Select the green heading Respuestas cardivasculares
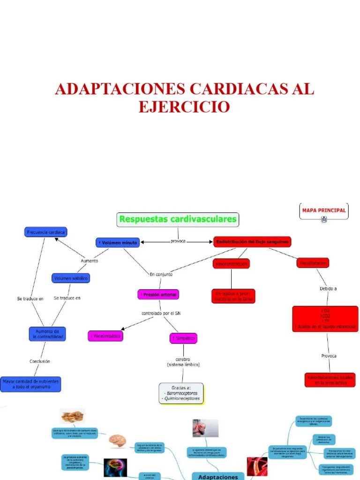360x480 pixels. (x=178, y=219)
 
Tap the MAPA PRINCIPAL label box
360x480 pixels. (x=324, y=210)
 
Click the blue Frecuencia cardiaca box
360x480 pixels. (x=45, y=232)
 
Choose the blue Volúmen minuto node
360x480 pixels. (x=117, y=243)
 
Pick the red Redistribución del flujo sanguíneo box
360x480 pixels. (x=252, y=242)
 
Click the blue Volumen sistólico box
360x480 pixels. (x=70, y=278)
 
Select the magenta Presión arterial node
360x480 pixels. (x=158, y=295)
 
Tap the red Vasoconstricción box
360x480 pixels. (x=231, y=264)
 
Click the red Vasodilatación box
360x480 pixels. (x=313, y=263)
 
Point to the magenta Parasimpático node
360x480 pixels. (x=105, y=336)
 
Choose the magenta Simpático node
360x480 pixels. (x=183, y=338)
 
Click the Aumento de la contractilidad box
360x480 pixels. (x=47, y=334)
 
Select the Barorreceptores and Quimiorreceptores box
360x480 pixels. (x=181, y=393)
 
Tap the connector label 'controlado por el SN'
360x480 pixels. (x=161, y=313)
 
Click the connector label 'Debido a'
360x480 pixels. (x=328, y=289)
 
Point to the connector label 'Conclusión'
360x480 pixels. (x=40, y=361)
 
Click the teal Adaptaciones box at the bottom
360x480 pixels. (x=218, y=475)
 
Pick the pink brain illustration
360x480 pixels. (x=117, y=441)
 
